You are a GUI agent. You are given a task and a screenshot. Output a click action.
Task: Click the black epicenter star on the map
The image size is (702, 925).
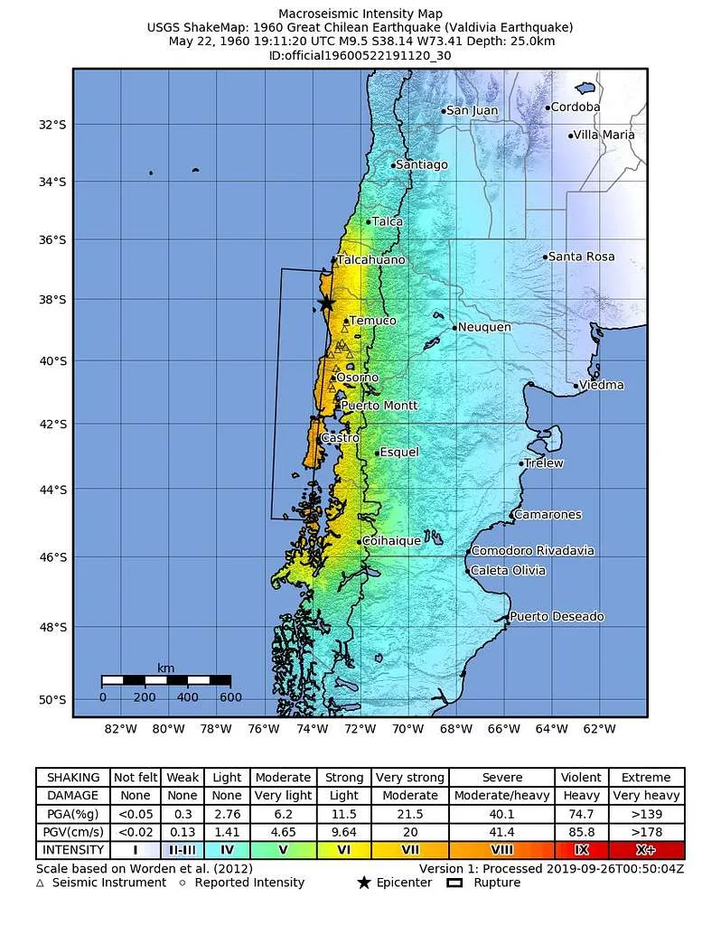326,304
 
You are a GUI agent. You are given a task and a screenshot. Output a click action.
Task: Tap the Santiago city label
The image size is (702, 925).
422,164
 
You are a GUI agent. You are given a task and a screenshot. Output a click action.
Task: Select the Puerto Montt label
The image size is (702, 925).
379,406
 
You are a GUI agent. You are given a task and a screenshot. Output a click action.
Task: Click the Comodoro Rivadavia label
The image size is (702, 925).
533,550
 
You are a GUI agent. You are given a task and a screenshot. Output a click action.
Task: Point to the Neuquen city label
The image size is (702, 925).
484,327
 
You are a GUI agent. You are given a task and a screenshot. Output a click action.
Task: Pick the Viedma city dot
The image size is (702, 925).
576,386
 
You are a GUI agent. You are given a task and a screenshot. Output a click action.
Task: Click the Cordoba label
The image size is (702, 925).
576,107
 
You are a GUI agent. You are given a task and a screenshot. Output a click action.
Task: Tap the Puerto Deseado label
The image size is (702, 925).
557,616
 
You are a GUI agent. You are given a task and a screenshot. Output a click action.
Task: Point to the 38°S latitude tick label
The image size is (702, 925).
53,300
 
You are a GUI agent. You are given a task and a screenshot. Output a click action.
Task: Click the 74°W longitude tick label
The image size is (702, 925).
312,729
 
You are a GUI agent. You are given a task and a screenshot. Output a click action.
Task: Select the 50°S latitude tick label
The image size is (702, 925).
53,700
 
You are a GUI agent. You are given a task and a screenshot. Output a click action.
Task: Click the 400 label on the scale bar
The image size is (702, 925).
187,696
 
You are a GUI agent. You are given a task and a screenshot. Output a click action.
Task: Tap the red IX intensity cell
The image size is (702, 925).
581,850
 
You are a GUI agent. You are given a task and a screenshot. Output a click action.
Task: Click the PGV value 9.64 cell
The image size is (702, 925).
343,832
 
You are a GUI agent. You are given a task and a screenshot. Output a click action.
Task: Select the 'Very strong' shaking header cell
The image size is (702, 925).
409,777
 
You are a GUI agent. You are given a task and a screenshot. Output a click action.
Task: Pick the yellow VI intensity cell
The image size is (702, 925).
343,850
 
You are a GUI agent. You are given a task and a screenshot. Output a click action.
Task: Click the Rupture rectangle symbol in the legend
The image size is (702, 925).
455,883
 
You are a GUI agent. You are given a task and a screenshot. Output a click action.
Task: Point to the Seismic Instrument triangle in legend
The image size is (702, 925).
40,883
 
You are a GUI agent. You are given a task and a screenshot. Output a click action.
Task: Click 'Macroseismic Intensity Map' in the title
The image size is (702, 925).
360,14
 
